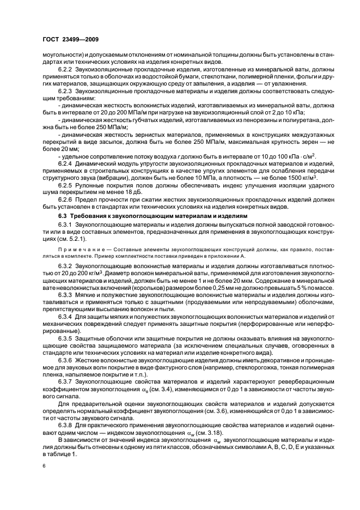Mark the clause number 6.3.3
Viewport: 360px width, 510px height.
(66, 294)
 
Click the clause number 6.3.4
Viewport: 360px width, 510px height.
(66, 315)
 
